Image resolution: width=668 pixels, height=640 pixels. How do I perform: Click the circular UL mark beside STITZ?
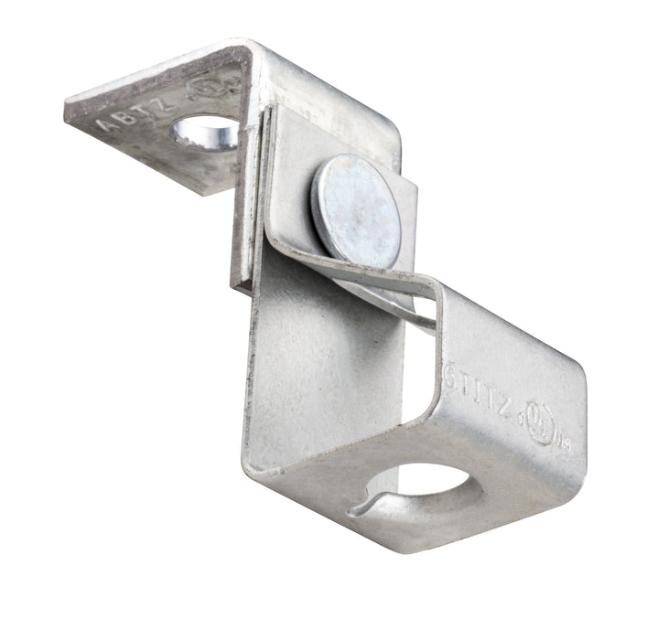click(x=546, y=430)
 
